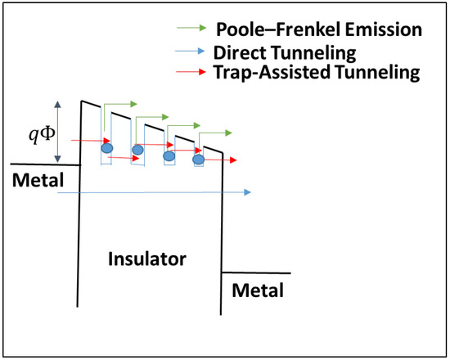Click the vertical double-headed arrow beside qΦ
coord(57,131)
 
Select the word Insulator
coord(147,259)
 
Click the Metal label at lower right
coord(258,290)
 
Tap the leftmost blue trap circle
coord(106,148)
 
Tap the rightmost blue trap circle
coord(198,160)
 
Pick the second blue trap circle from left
coord(137,149)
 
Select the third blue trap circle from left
coord(169,155)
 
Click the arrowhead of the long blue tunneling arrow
coord(247,192)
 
